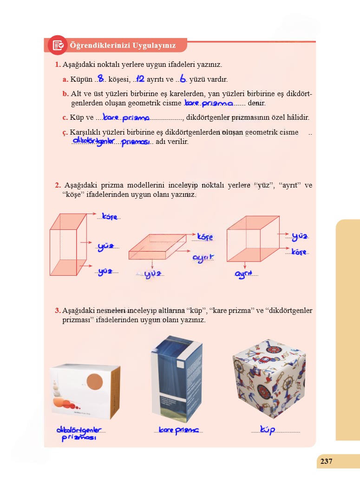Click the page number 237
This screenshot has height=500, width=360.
coord(326,461)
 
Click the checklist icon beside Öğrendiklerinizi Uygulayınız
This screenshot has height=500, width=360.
coord(58,45)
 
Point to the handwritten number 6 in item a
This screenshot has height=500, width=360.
coord(183,79)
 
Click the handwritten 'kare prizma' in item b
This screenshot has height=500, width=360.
coord(208,103)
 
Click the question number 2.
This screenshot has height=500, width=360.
coord(57,185)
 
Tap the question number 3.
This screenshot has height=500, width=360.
coord(57,310)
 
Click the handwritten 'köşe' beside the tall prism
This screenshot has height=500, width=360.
coord(110,217)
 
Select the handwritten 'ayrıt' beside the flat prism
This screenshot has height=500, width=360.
coord(203,258)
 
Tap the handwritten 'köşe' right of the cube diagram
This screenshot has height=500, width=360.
coord(299,252)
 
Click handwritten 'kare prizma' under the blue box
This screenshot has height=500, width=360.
coord(178,431)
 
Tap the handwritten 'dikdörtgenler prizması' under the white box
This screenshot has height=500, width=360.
coord(79,433)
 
